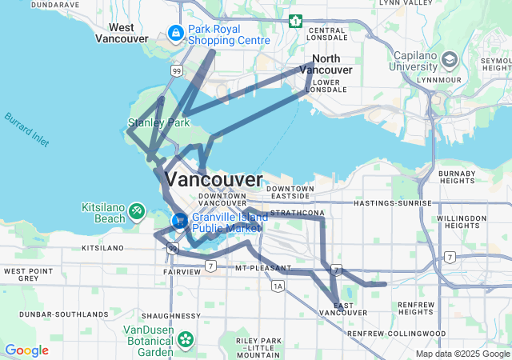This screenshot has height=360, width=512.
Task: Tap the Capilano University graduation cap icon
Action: click(450, 61)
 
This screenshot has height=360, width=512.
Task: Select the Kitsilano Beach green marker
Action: click(137, 210)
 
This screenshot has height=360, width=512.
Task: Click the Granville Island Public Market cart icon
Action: click(180, 220)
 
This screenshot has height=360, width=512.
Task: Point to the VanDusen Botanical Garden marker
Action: click(186, 339)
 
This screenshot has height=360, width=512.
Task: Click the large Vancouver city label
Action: click(213, 178)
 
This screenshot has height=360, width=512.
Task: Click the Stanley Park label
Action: click(158, 123)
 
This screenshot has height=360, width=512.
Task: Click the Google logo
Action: click(26, 350)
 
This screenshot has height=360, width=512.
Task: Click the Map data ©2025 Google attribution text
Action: click(462, 354)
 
